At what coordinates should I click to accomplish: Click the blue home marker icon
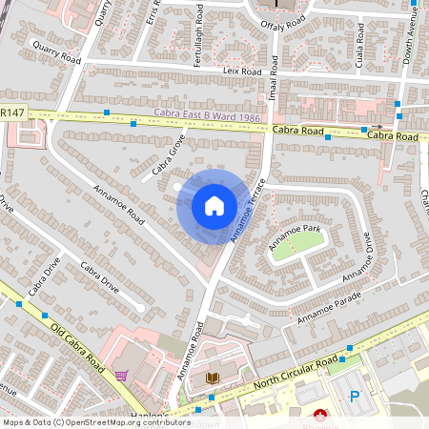(x=214, y=206)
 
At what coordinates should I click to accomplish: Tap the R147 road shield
(x=12, y=113)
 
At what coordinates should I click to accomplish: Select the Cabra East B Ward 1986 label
(x=208, y=118)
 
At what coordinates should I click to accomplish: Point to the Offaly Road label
(x=284, y=21)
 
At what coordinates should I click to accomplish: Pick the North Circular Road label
(x=298, y=371)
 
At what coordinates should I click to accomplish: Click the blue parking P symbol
(x=355, y=397)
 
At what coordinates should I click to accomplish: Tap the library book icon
(x=212, y=379)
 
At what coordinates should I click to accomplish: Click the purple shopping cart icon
(x=121, y=376)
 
